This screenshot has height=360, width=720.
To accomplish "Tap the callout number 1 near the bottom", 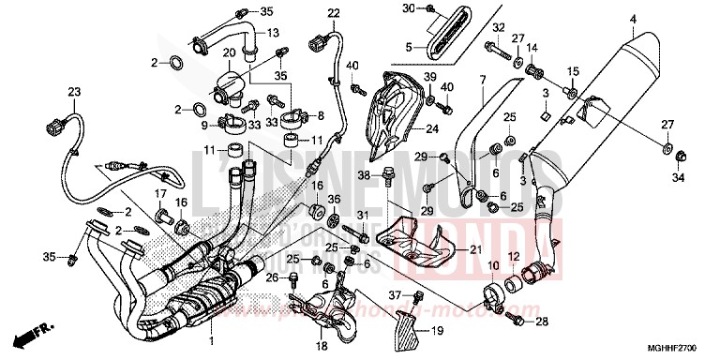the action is (x=213, y=338).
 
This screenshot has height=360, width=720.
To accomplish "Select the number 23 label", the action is (x=73, y=91).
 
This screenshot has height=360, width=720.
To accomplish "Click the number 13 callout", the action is (x=274, y=33).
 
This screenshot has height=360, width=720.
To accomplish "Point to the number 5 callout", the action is (x=409, y=46).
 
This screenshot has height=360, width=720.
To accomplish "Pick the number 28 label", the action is (x=542, y=322).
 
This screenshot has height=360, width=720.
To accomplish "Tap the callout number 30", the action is (x=408, y=8).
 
